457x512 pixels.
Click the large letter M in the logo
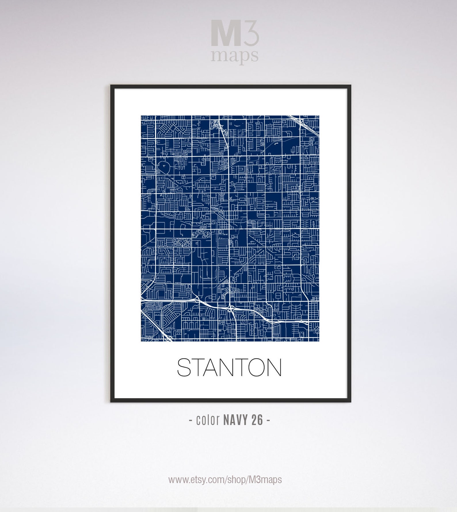(226, 33)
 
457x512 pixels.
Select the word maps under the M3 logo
(234, 55)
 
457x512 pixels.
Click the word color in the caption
(208, 420)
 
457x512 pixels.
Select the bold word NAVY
(235, 420)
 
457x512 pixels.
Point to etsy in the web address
(198, 480)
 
